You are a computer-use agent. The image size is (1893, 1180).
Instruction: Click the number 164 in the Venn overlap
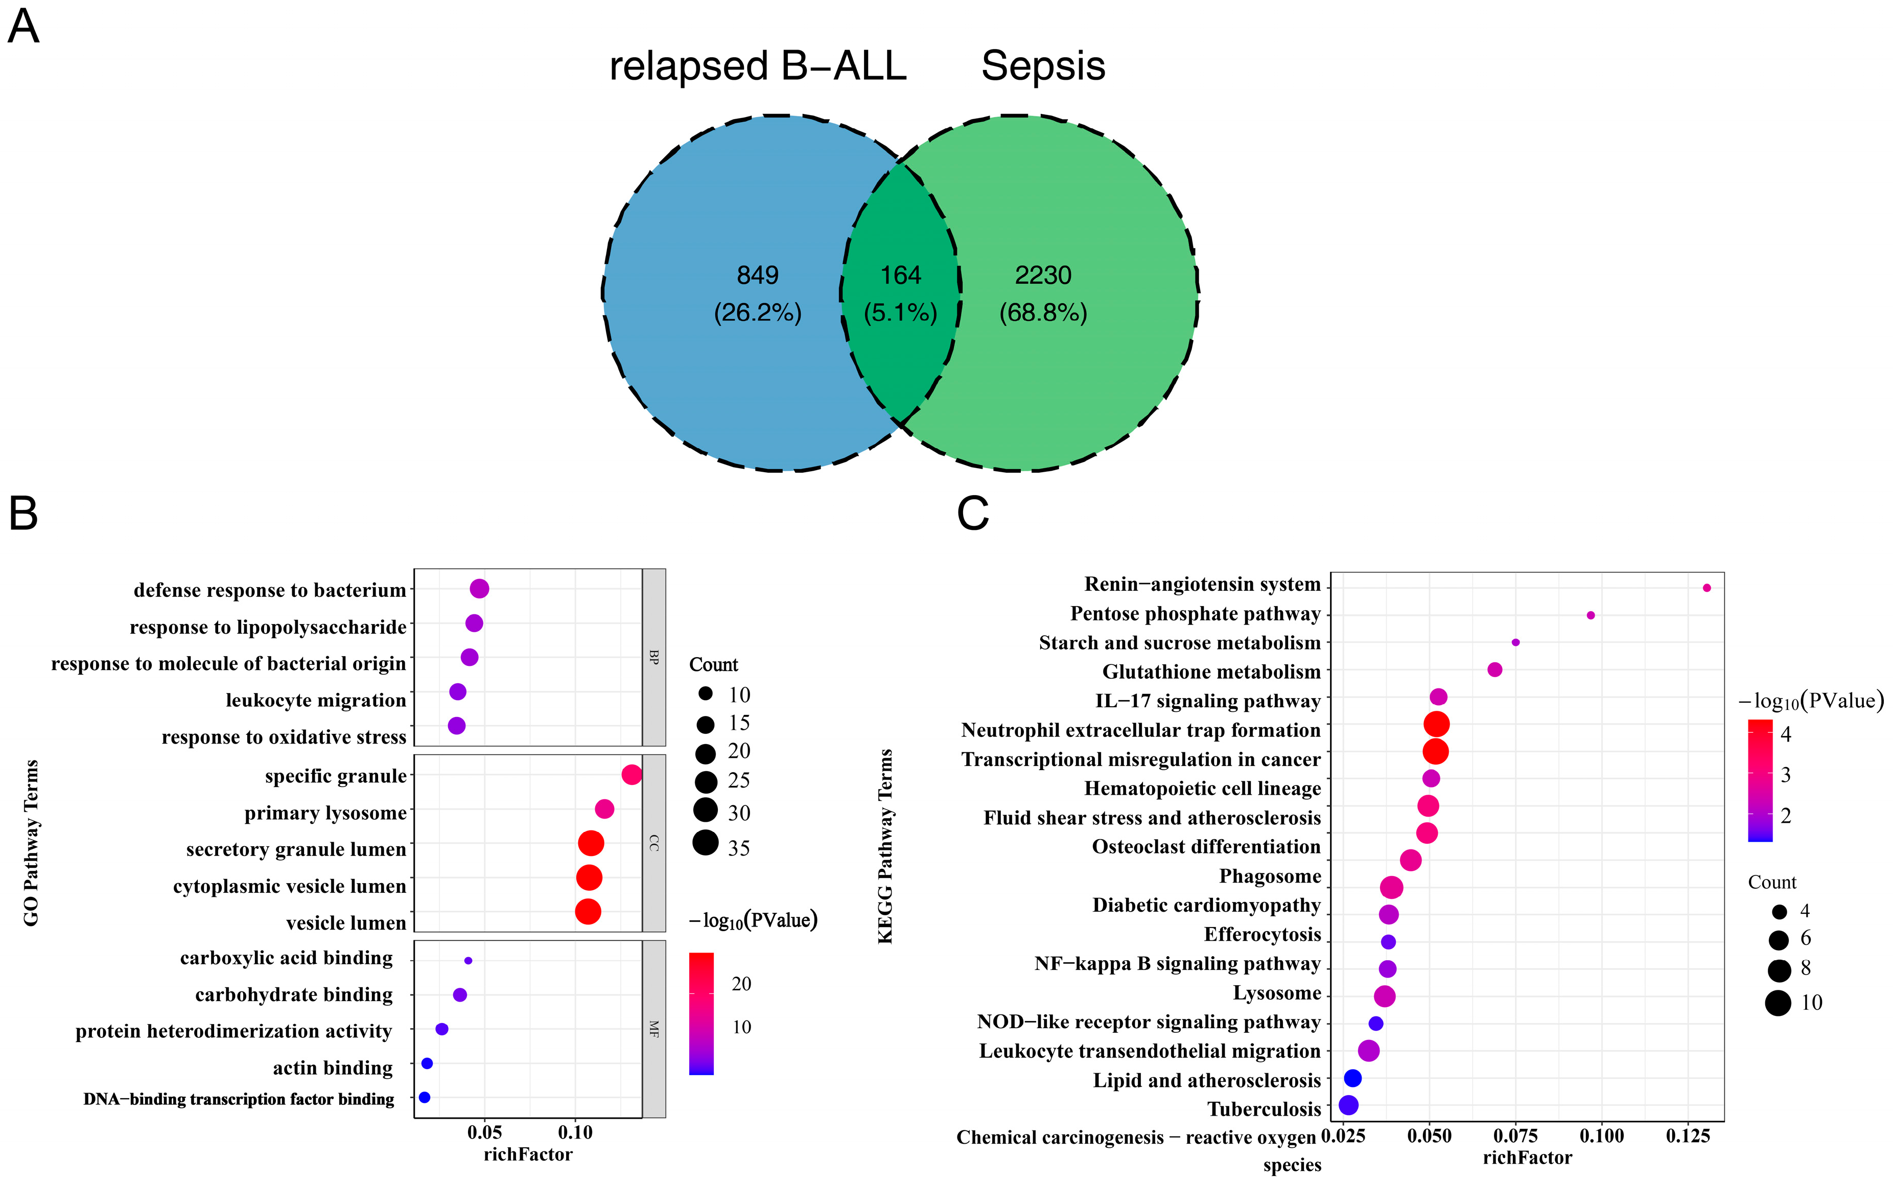tap(900, 275)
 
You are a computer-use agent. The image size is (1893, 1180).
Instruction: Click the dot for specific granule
tap(632, 775)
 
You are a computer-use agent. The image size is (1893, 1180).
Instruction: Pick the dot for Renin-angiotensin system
tap(1707, 588)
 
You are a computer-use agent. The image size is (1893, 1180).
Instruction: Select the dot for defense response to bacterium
tap(479, 588)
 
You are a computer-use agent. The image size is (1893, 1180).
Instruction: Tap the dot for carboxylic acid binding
tap(468, 961)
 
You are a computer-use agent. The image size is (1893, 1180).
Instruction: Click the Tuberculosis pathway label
tap(1264, 1109)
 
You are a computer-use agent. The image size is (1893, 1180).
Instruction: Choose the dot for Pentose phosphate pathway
tap(1590, 615)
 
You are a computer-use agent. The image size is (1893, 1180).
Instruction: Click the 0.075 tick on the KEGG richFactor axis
tap(1515, 1136)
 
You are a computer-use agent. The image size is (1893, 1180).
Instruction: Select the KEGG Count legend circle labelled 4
tap(1779, 912)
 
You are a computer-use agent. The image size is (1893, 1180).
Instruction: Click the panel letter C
tap(972, 514)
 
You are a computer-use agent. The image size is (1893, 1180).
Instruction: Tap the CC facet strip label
tap(654, 843)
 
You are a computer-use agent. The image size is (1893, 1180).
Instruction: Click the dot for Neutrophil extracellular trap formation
tap(1436, 724)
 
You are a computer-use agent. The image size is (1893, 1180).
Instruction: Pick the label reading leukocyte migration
tap(316, 701)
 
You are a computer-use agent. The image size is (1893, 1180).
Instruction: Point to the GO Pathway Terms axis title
tap(31, 843)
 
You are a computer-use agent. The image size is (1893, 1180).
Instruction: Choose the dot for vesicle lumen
tap(588, 911)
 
